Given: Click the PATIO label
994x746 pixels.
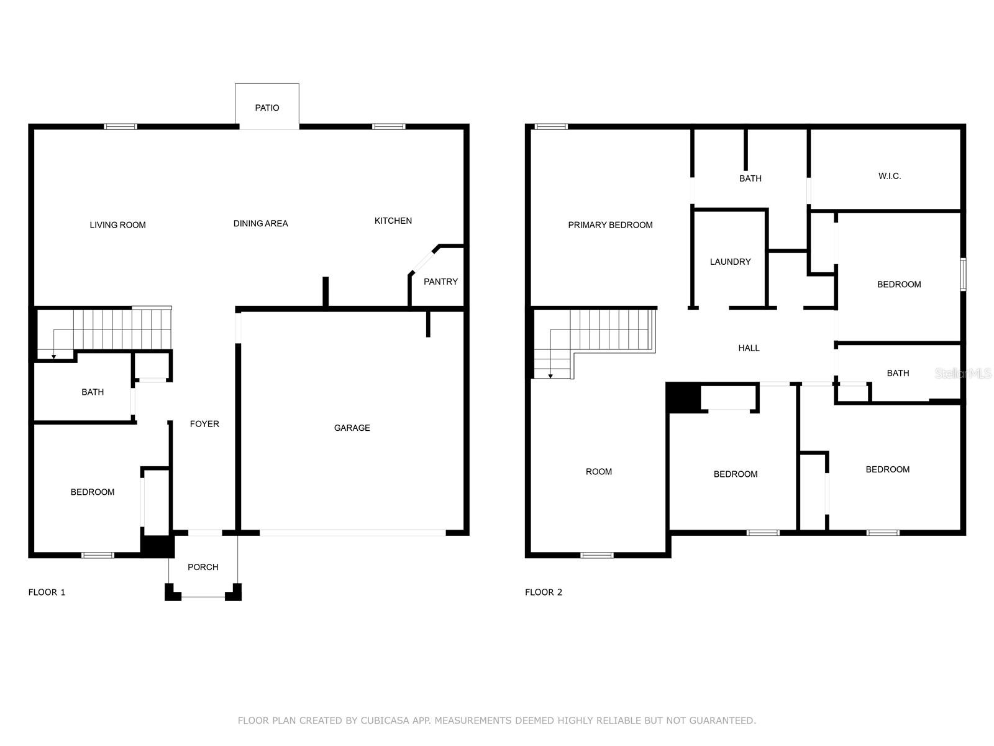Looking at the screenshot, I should click(x=267, y=108).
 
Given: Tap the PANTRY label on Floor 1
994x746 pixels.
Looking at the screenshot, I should click(x=440, y=282).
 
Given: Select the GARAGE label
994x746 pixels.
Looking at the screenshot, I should click(x=352, y=428).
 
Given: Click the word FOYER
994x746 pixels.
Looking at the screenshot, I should click(x=204, y=424).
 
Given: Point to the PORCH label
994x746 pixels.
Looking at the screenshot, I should click(x=203, y=567).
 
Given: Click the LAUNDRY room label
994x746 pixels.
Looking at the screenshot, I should click(x=730, y=262).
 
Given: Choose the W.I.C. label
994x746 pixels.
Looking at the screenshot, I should click(x=889, y=177).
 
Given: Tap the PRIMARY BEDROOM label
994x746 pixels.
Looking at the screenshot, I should click(x=610, y=225).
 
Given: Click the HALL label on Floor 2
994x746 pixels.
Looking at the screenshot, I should click(x=749, y=348).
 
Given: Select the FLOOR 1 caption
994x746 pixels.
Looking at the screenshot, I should click(x=47, y=592).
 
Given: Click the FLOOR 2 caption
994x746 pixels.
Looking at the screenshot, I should click(x=543, y=592).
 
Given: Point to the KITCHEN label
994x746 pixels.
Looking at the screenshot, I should click(x=393, y=221).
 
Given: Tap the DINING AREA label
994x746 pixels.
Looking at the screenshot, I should click(x=260, y=224).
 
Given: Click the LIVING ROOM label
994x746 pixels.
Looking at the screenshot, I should click(x=117, y=225).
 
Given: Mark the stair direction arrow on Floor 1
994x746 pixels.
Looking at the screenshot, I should click(x=54, y=356).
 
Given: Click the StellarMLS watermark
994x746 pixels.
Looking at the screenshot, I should click(x=963, y=373).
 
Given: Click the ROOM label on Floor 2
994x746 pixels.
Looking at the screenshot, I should click(x=598, y=472).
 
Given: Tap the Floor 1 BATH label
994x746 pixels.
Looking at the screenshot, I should click(x=93, y=392).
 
